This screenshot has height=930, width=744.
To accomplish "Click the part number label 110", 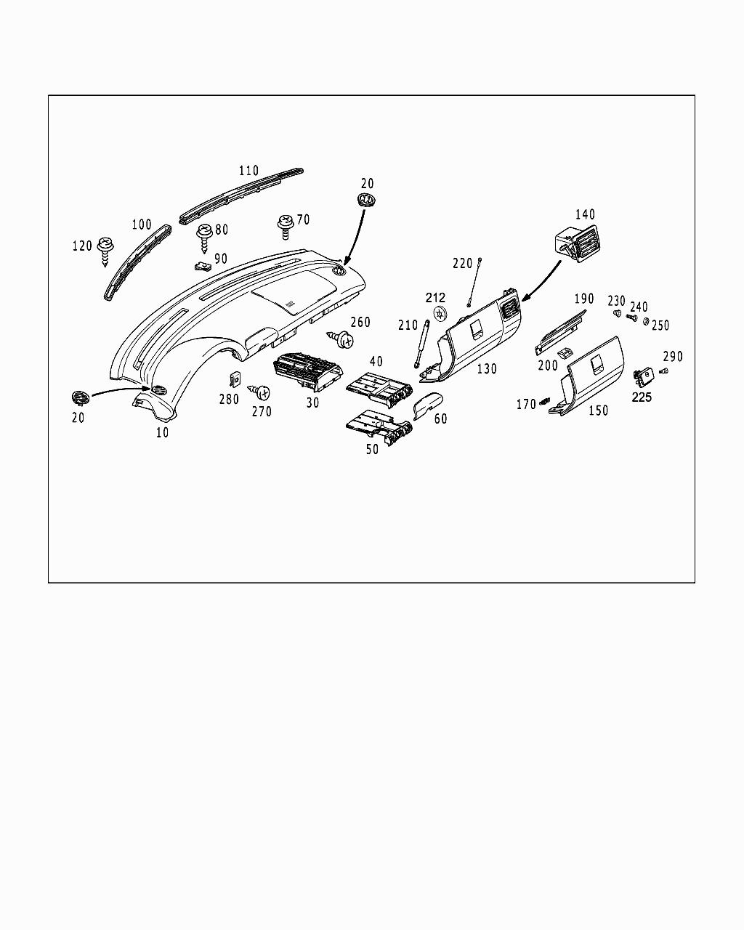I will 248,171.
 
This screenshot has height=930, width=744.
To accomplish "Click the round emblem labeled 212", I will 439,313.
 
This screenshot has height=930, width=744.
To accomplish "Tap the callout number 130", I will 486,369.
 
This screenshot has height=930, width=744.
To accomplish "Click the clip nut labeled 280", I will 235,379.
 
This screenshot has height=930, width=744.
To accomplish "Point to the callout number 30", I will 312,403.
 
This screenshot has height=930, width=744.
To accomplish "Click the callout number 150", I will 598,411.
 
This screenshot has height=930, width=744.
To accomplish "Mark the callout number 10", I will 162,432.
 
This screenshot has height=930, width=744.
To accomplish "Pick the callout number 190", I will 583,299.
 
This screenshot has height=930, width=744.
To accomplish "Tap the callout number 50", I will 372,450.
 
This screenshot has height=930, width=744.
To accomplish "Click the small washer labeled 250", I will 645,322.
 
